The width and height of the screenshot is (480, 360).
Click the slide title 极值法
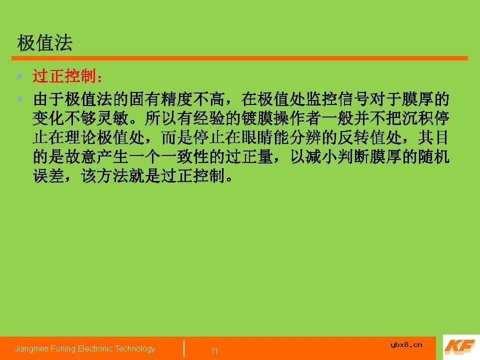pyautogui.click(x=44, y=43)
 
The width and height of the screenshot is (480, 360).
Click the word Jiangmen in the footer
pyautogui.click(x=29, y=348)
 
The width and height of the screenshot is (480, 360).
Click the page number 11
pyautogui.click(x=214, y=351)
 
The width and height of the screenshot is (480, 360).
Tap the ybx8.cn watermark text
pyautogui.click(x=405, y=344)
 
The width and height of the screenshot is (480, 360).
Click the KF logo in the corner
pyautogui.click(x=460, y=346)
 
